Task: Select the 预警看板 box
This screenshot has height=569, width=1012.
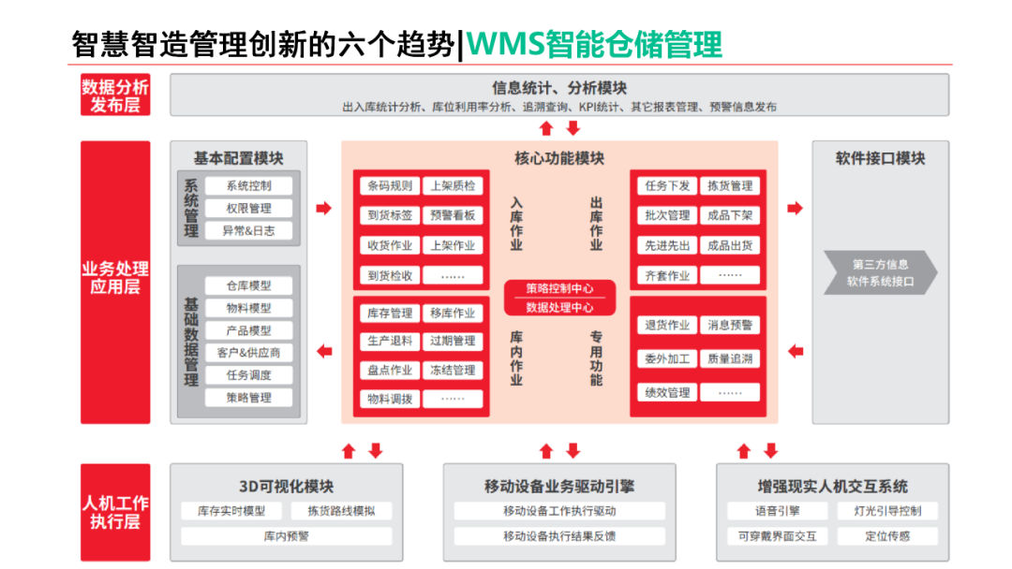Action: pyautogui.click(x=453, y=215)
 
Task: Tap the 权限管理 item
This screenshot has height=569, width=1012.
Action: pyautogui.click(x=248, y=209)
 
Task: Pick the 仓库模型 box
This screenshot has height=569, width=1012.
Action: pyautogui.click(x=248, y=286)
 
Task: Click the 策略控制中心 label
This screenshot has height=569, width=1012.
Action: pyautogui.click(x=558, y=288)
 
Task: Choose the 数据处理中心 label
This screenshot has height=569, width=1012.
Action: pyautogui.click(x=558, y=307)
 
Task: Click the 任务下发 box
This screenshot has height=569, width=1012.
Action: pyautogui.click(x=667, y=186)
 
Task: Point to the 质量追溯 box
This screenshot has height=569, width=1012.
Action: pyautogui.click(x=730, y=359)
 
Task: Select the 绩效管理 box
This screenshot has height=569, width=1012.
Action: pyautogui.click(x=667, y=393)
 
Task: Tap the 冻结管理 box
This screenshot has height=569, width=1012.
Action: pyautogui.click(x=453, y=371)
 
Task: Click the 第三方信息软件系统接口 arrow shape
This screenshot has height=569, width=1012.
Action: pyautogui.click(x=879, y=273)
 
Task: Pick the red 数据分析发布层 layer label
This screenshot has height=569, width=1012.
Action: pyautogui.click(x=115, y=95)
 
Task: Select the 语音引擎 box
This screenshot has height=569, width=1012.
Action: pyautogui.click(x=777, y=512)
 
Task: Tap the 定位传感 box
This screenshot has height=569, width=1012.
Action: pyautogui.click(x=886, y=536)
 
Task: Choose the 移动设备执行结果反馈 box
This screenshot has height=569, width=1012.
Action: pyautogui.click(x=559, y=536)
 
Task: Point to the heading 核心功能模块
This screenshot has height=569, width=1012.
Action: pyautogui.click(x=559, y=158)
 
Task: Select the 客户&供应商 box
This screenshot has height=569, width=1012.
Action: pyautogui.click(x=248, y=353)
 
